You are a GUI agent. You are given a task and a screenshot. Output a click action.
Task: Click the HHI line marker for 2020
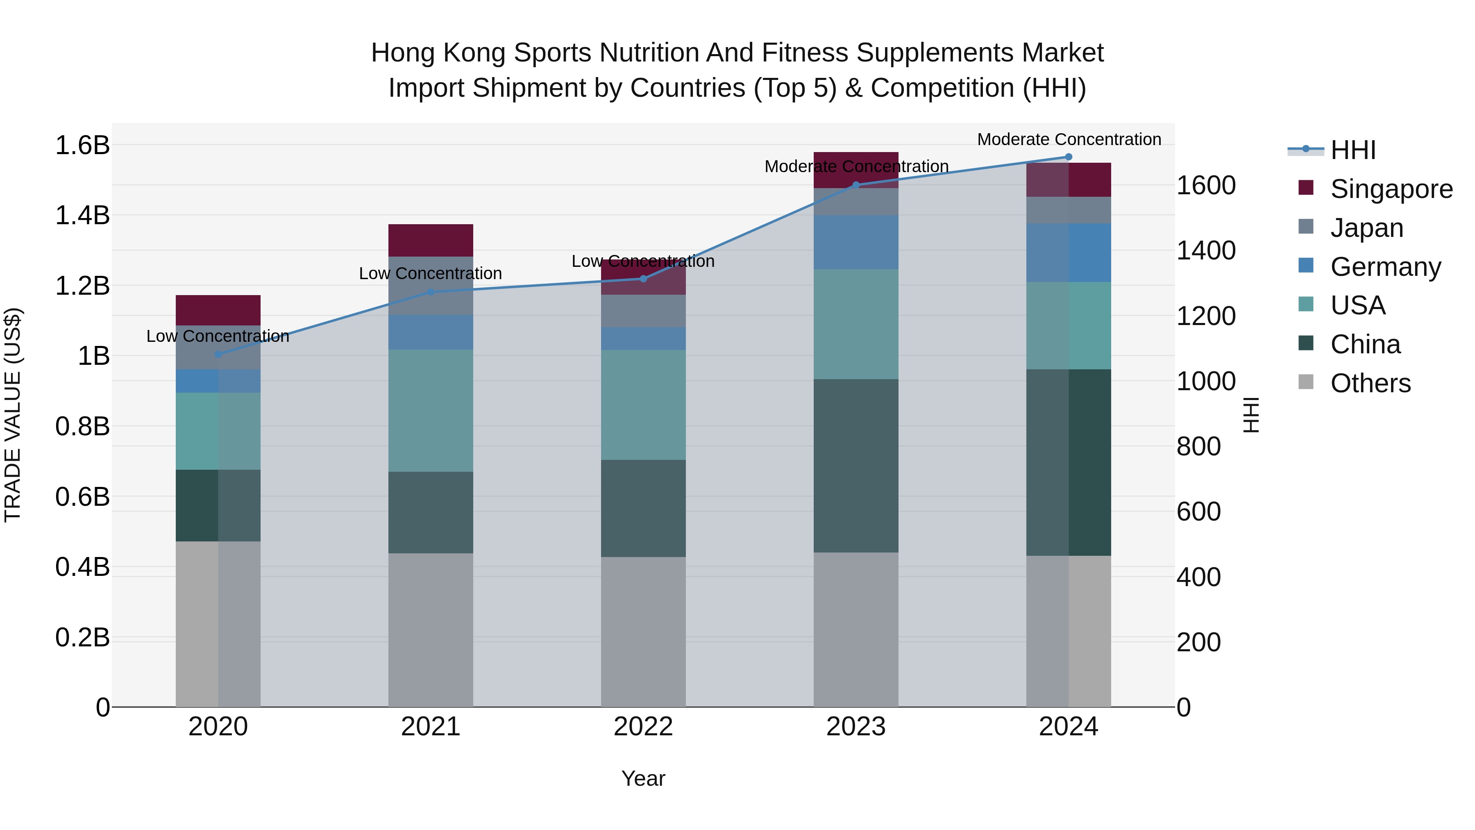click(218, 355)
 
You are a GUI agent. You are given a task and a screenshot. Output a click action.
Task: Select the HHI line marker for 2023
click(856, 185)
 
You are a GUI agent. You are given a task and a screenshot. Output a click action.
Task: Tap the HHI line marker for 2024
click(1069, 157)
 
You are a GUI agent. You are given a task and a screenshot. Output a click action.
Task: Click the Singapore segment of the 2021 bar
click(431, 241)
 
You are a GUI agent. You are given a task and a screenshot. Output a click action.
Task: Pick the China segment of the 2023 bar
click(856, 466)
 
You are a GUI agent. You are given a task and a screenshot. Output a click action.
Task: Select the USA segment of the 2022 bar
click(643, 405)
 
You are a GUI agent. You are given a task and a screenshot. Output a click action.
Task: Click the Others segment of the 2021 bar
click(431, 630)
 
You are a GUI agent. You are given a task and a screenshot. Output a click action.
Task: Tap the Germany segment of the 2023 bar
click(856, 242)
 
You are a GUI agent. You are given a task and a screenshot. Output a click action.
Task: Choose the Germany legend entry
click(1385, 267)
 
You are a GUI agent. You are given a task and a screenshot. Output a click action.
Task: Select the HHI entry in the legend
click(1352, 150)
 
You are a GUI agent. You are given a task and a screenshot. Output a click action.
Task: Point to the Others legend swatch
click(1306, 382)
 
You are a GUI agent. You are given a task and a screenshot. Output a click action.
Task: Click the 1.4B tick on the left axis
click(82, 216)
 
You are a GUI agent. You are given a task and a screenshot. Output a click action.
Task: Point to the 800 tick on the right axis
click(1198, 447)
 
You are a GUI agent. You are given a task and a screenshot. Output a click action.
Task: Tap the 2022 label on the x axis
click(643, 727)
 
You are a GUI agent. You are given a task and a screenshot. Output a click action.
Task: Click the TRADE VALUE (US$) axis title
click(13, 415)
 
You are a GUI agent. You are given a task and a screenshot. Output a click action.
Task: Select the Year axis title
click(643, 778)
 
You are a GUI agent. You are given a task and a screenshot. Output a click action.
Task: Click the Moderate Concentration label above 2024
click(1069, 139)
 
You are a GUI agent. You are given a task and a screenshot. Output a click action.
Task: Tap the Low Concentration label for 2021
click(431, 274)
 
